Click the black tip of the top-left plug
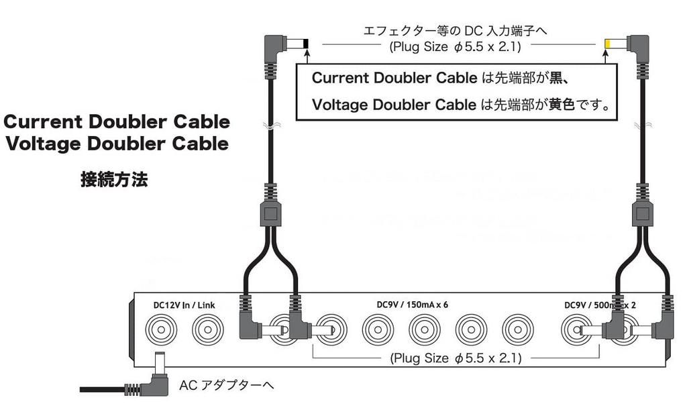coord(306,45)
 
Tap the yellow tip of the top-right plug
coord(607,44)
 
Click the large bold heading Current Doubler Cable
coord(117,122)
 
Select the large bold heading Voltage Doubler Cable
coord(117,144)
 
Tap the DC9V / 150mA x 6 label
coord(412,304)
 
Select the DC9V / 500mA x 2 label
coord(600,304)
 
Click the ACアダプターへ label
coord(227,386)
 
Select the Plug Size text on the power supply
coord(456,358)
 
